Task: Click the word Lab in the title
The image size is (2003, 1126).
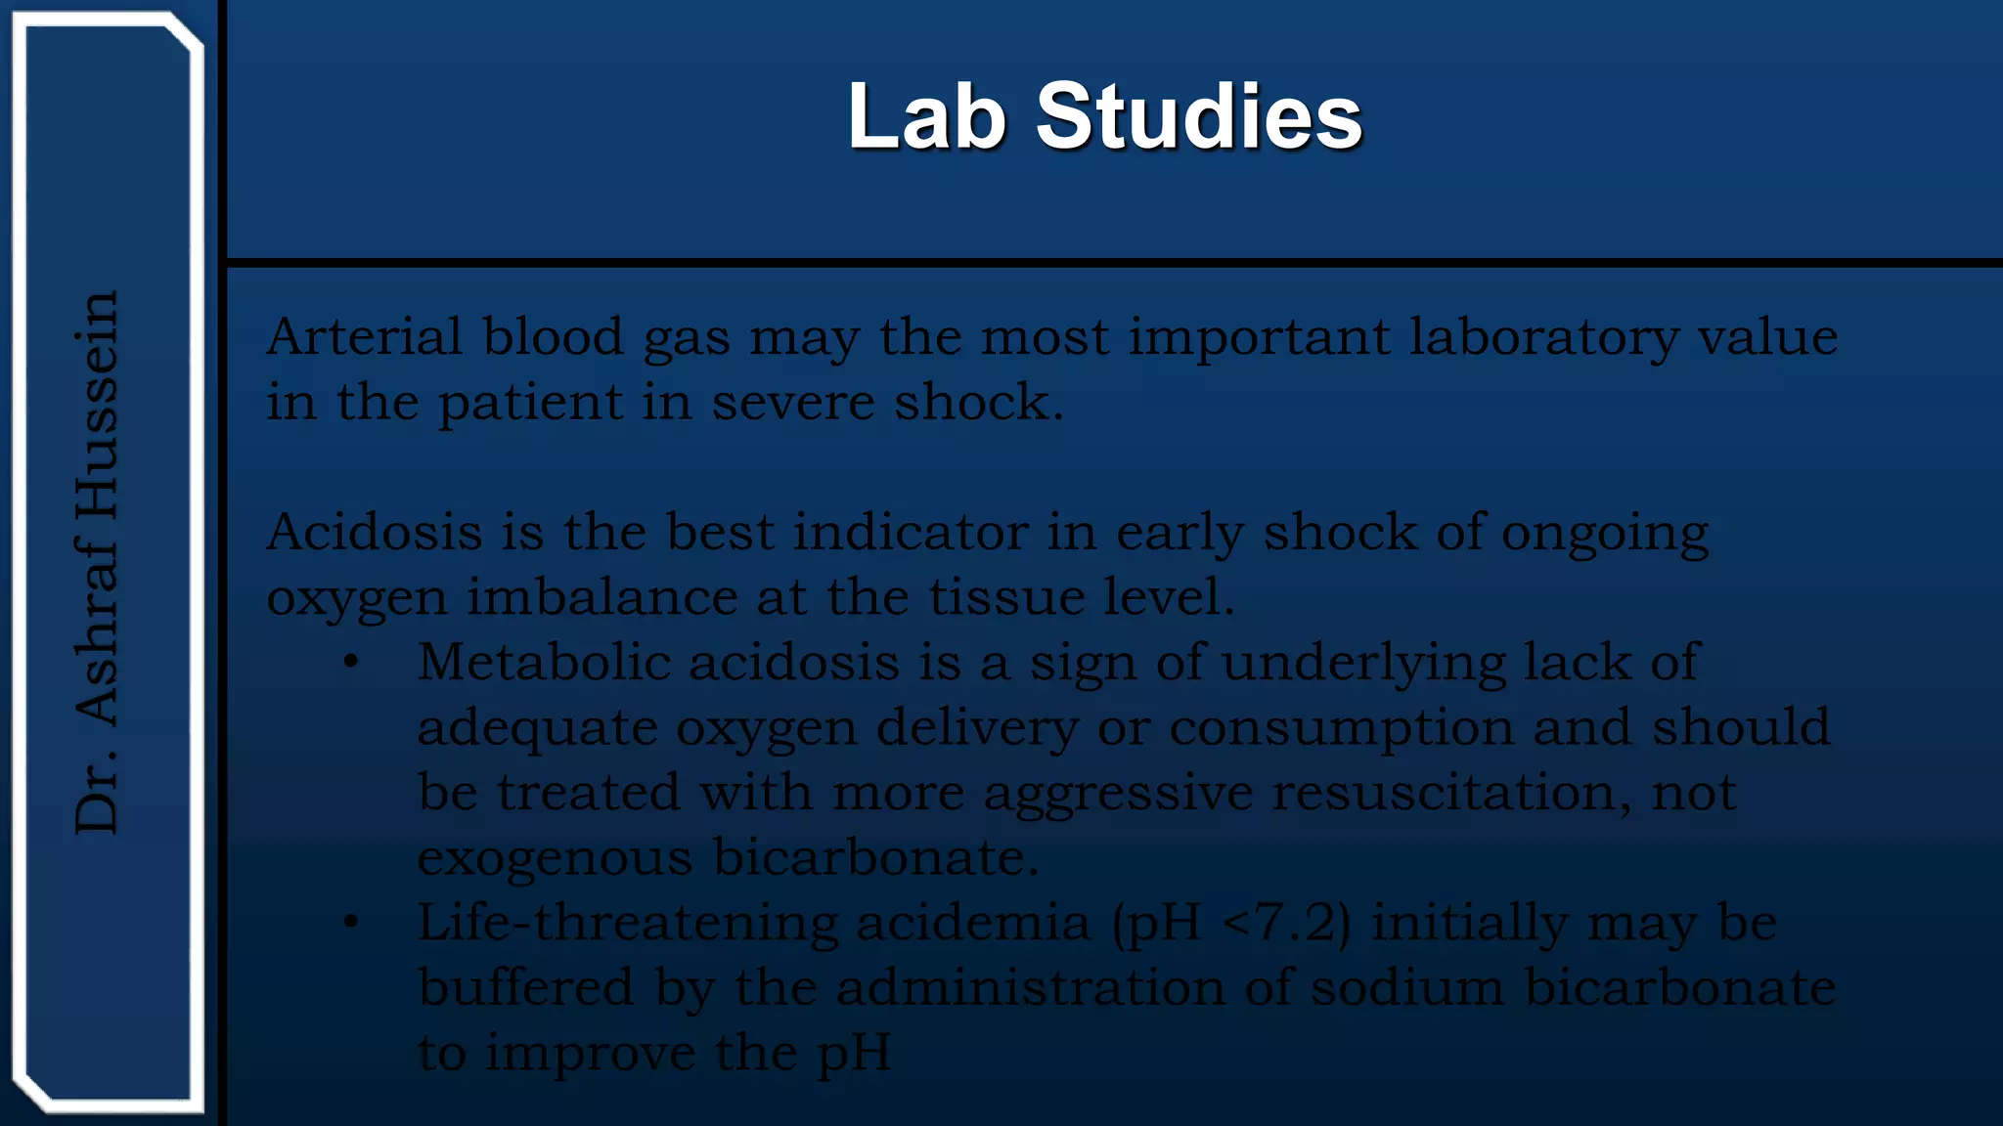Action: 926,117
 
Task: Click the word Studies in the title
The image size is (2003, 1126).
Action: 1198,117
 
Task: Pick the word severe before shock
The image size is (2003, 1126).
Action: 792,403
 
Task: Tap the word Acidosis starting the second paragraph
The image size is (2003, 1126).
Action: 374,533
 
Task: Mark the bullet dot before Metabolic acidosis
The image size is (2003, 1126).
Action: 351,663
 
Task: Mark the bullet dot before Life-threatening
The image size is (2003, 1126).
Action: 351,923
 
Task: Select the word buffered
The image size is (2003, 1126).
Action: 525,988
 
